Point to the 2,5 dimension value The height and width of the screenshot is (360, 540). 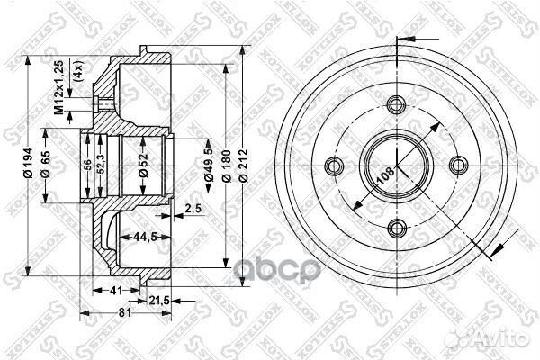click(191, 211)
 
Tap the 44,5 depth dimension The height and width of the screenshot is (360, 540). click(138, 238)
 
